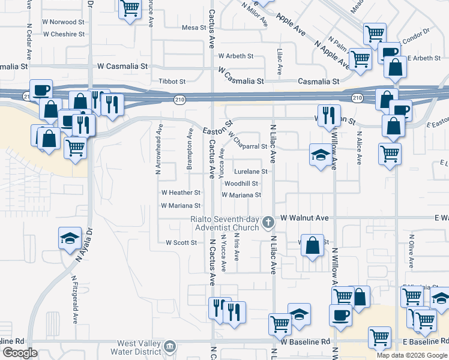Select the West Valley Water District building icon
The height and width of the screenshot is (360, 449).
170,346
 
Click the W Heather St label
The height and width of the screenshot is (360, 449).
181,193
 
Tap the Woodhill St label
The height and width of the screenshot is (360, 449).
242,183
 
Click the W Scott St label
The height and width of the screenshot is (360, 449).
181,242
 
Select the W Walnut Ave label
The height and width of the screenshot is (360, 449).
305,217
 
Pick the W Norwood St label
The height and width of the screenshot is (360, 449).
59,22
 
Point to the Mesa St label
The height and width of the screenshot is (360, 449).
194,28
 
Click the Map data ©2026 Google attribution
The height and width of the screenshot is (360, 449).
412,355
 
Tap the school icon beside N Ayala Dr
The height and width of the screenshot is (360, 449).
70,238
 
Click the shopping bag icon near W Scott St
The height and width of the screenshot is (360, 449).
312,245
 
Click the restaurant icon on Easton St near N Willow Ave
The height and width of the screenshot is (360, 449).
328,115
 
